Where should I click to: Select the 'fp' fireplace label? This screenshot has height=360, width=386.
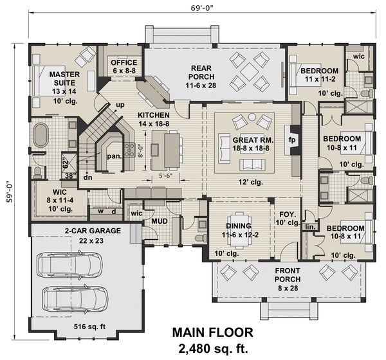coord(291,139)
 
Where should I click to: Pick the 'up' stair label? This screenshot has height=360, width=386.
coord(120,105)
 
